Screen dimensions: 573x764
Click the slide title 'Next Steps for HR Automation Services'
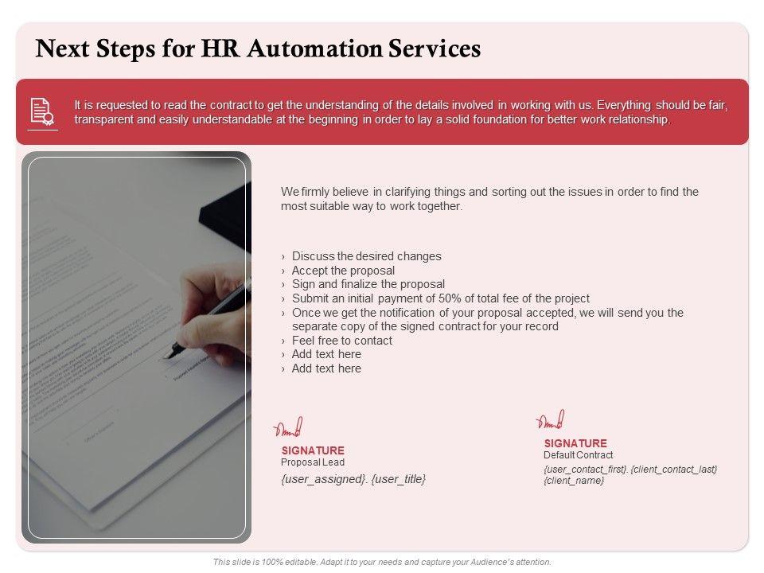(x=259, y=49)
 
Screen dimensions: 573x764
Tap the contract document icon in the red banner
(x=41, y=111)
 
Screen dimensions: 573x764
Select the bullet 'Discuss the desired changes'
(x=366, y=256)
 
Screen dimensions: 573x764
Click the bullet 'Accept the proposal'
(x=343, y=271)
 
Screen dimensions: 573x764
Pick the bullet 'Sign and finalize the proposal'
(x=368, y=284)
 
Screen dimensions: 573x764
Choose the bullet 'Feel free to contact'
(x=341, y=341)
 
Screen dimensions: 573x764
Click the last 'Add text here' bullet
(x=326, y=368)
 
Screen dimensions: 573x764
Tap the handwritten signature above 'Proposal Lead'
(x=288, y=428)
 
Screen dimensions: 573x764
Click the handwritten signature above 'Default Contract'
(x=550, y=421)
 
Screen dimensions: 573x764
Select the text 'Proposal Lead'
(x=313, y=462)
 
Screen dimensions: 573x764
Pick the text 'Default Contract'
(x=578, y=455)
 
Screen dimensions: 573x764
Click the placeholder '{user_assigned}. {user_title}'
(x=353, y=479)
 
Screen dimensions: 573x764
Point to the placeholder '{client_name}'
(x=574, y=481)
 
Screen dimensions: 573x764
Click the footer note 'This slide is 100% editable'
(x=382, y=562)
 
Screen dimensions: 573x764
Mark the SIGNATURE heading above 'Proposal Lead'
(x=313, y=450)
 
